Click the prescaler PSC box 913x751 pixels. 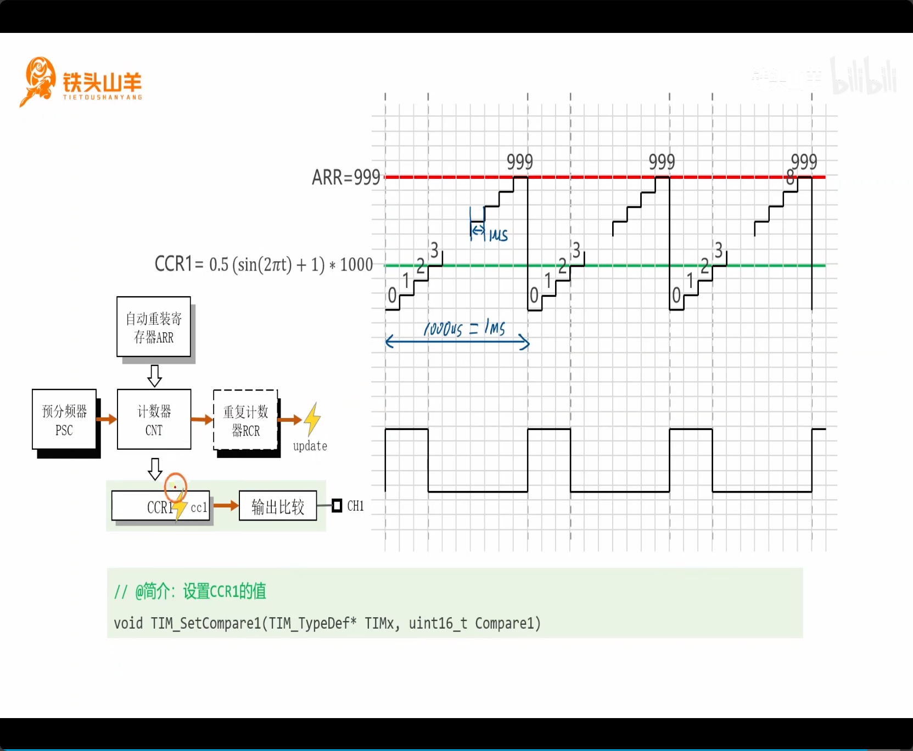[x=64, y=420]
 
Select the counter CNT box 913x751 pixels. [x=154, y=420]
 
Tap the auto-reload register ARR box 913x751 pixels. [x=154, y=327]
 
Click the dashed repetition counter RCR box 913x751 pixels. [x=245, y=420]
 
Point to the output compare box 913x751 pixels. [x=278, y=506]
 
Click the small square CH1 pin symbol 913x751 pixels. [x=337, y=506]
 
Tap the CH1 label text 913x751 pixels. [x=356, y=506]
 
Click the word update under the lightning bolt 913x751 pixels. [x=310, y=446]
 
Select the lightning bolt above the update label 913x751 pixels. [x=312, y=419]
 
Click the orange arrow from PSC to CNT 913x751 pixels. [x=107, y=420]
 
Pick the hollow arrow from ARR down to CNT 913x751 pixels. [x=155, y=376]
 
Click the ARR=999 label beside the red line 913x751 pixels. [x=346, y=177]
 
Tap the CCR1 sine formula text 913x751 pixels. [x=264, y=264]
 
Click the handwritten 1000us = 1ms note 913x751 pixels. [x=464, y=328]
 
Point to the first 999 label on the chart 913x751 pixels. [x=520, y=162]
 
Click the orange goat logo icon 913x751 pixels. [x=38, y=81]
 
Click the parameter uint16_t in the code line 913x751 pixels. [x=438, y=623]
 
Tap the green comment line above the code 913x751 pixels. [x=190, y=591]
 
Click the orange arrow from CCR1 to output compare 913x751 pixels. [x=226, y=506]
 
